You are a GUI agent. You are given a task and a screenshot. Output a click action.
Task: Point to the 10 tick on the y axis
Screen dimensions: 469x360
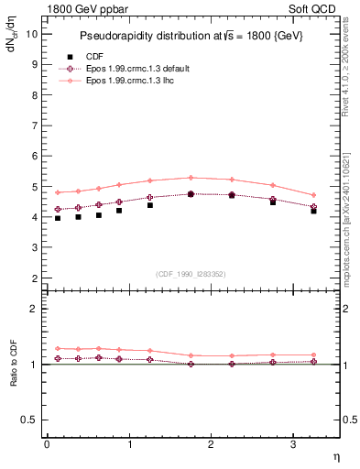(x=31, y=34)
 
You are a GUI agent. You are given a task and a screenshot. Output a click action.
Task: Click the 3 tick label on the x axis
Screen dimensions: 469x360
(x=293, y=444)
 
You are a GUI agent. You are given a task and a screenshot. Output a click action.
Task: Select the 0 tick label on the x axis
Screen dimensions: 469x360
(x=47, y=444)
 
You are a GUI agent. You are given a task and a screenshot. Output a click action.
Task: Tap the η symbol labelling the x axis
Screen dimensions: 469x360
(x=335, y=455)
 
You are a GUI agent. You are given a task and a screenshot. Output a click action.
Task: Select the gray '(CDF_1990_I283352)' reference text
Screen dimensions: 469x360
(x=191, y=273)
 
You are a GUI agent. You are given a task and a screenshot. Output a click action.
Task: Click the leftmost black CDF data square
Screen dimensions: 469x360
(x=58, y=218)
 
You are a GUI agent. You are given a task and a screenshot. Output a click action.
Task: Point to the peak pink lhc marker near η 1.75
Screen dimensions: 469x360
(x=191, y=178)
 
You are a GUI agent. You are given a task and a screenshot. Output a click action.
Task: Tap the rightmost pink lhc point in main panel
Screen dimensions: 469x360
(x=313, y=195)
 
